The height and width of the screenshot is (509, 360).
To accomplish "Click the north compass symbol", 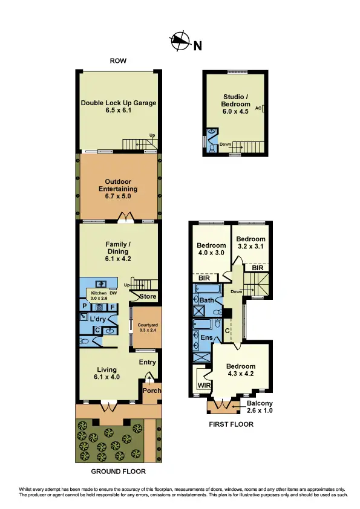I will [180, 42].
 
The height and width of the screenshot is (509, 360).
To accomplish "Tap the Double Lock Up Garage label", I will [119, 106].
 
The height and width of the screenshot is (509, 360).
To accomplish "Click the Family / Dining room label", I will [118, 251].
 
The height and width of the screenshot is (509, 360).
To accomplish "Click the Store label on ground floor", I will [148, 297].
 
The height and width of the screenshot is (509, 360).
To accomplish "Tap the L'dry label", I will [97, 319].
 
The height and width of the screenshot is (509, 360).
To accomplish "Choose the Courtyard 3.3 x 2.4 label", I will [146, 327].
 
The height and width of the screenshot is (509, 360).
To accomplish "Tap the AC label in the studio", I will [258, 108].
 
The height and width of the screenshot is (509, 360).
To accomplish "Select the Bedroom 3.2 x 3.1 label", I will [250, 242].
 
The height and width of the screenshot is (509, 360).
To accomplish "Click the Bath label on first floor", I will [206, 300].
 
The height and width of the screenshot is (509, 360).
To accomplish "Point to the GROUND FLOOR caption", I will [118, 472].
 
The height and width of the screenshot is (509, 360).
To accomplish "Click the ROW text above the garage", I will [118, 61].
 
